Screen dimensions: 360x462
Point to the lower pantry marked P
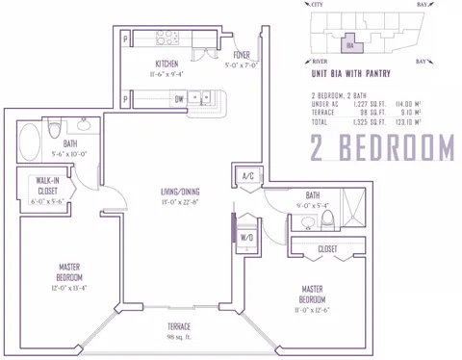(125, 98)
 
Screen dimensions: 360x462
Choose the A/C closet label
(246, 175)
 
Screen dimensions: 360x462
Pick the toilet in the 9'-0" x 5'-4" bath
(326, 220)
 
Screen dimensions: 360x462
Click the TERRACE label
(180, 327)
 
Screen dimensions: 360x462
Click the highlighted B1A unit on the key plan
(352, 42)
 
